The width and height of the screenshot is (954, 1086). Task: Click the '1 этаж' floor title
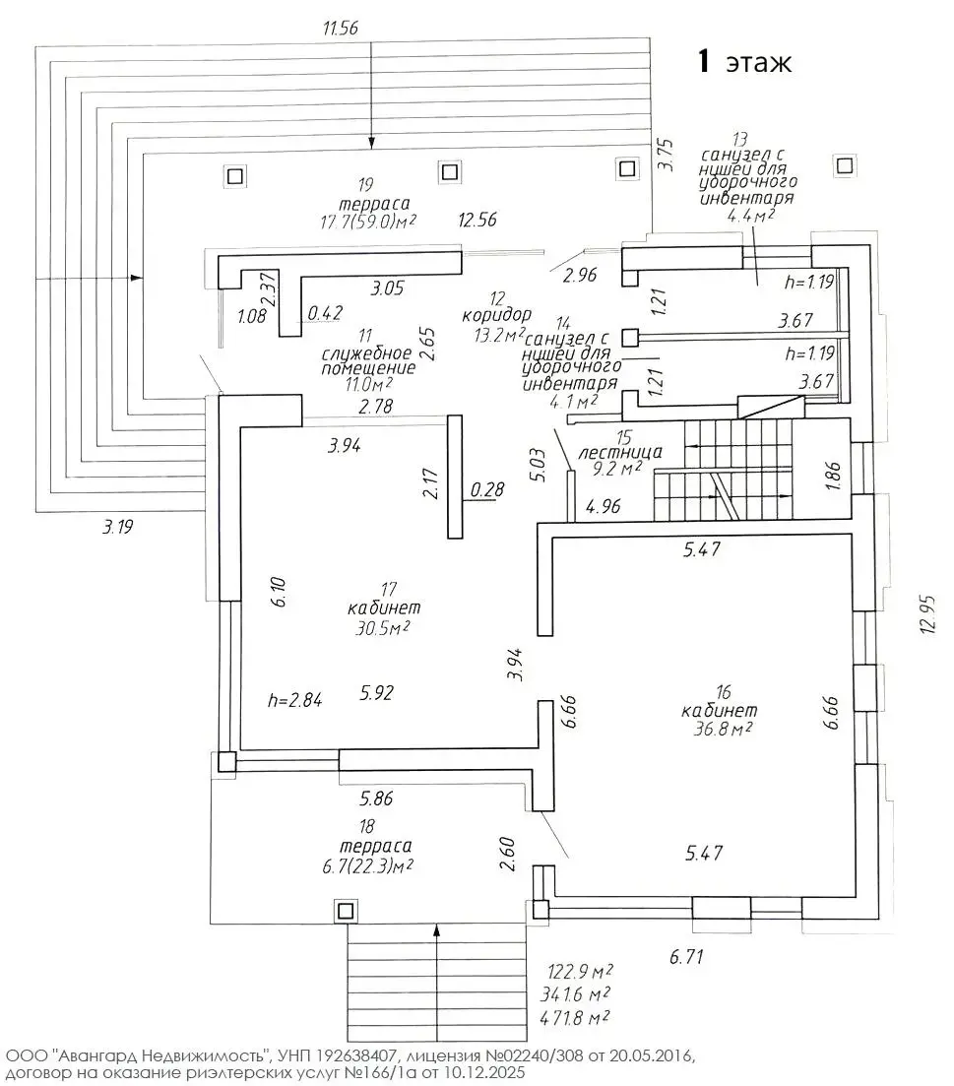tap(745, 62)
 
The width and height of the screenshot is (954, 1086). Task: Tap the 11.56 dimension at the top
tap(341, 27)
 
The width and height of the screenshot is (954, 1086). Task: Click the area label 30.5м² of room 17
tap(377, 627)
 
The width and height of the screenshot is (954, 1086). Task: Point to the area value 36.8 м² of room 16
tap(724, 729)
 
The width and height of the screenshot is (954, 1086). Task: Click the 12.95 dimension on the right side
tap(926, 616)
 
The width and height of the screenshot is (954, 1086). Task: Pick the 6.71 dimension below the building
tap(688, 954)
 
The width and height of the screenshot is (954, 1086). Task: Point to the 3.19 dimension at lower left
tap(117, 527)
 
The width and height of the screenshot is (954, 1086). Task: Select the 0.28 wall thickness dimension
tap(486, 488)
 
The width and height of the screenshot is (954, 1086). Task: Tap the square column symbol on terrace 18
tap(345, 910)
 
